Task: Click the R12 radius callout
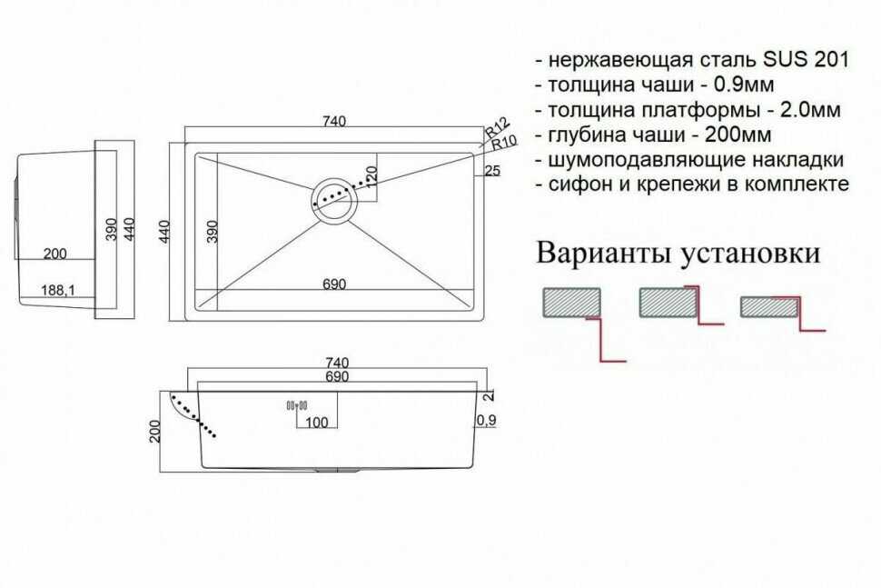pyautogui.click(x=497, y=127)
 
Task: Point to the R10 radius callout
pyautogui.click(x=504, y=144)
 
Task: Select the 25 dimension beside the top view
pyautogui.click(x=491, y=170)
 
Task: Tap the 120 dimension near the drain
pyautogui.click(x=371, y=176)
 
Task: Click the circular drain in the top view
pyautogui.click(x=333, y=200)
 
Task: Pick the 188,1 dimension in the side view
pyautogui.click(x=58, y=291)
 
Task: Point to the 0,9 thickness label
pyautogui.click(x=486, y=420)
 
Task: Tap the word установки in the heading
pyautogui.click(x=750, y=254)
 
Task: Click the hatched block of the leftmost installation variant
pyautogui.click(x=571, y=303)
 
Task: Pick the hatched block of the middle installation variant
pyautogui.click(x=668, y=303)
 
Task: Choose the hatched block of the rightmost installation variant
pyautogui.click(x=768, y=307)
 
